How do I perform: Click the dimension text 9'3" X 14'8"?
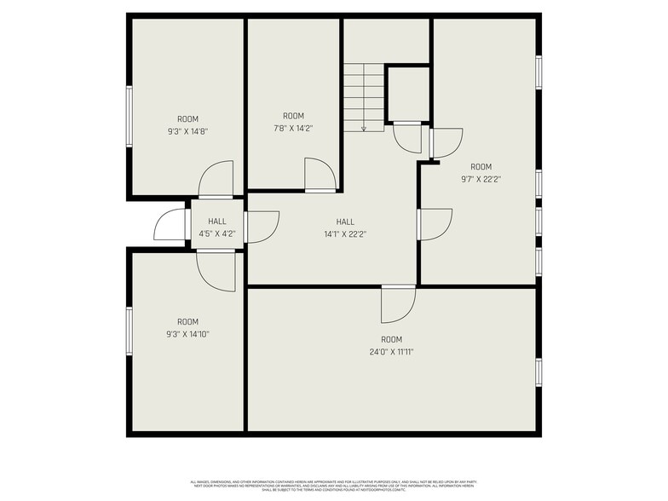click(187, 131)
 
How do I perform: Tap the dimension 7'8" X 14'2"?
click(293, 128)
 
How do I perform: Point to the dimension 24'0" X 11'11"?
click(391, 351)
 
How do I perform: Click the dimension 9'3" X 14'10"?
click(187, 334)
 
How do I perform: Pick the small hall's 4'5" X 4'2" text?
click(217, 233)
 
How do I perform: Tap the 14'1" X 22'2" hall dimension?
click(345, 233)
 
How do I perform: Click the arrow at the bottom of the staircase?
click(364, 128)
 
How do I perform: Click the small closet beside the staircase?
click(407, 94)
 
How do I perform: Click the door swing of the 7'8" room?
click(320, 175)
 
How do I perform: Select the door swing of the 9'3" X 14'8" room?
click(216, 179)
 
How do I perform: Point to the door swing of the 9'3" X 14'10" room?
click(216, 271)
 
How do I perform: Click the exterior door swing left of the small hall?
click(170, 225)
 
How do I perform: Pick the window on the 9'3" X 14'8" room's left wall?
click(129, 116)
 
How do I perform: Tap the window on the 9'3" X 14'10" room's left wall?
click(129, 331)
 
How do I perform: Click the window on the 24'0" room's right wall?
click(538, 372)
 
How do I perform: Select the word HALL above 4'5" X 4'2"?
click(217, 222)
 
